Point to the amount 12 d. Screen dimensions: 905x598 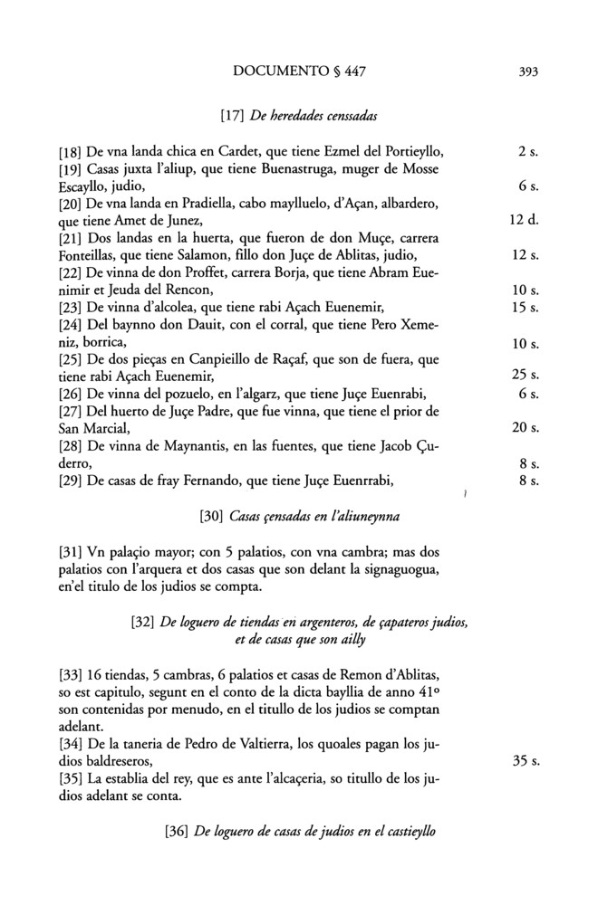(x=526, y=220)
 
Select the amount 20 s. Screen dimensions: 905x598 (x=526, y=427)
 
